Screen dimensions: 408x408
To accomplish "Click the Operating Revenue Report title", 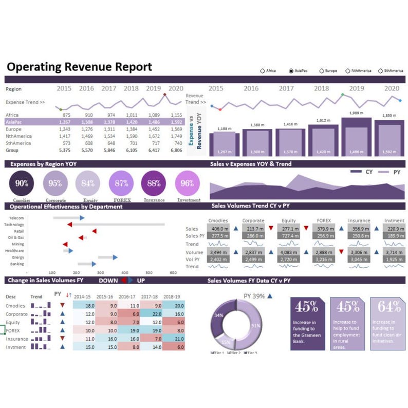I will pos(79,67).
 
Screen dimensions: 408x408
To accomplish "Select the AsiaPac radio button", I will pos(291,70).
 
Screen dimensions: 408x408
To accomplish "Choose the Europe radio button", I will pos(322,70).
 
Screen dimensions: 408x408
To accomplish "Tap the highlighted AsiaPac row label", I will pos(14,122).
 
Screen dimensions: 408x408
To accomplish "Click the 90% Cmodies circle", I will pos(22,183).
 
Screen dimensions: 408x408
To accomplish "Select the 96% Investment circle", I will pos(188,183).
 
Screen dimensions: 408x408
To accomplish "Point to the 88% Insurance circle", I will pos(154,183).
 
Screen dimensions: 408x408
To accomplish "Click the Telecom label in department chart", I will pos(16,218).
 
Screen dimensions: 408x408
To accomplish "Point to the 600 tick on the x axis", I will pos(173,272).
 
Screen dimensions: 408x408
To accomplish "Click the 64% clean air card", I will pos(387,324).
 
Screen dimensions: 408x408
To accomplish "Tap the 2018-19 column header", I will pos(172,296).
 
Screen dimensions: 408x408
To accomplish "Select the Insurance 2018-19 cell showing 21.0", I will pos(178,339).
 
